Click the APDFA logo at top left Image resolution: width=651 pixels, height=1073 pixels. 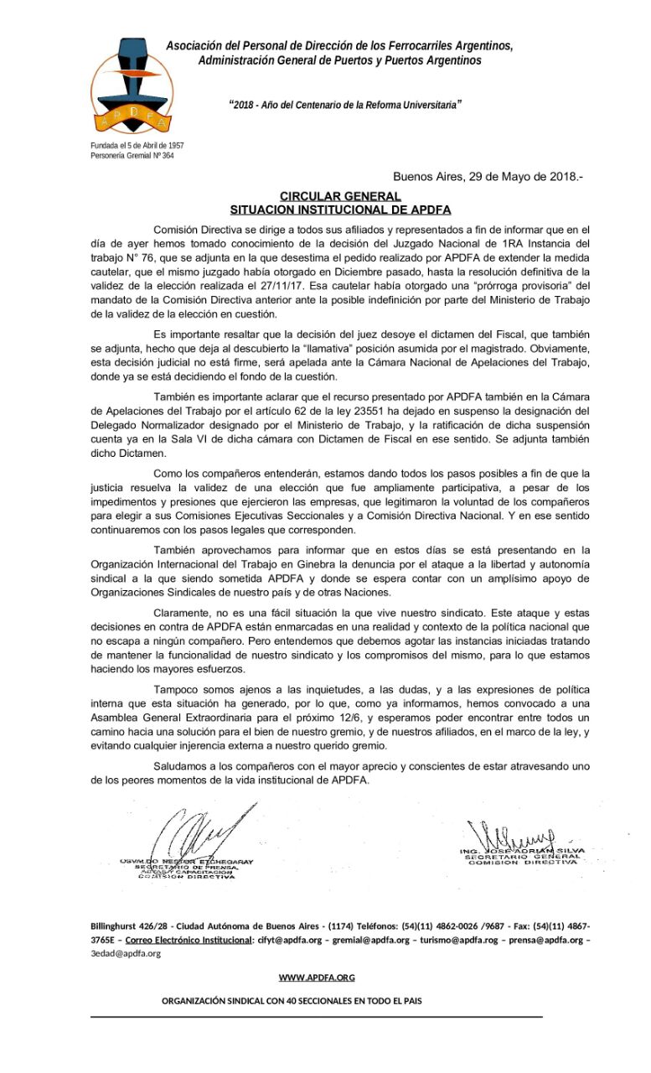click(x=132, y=87)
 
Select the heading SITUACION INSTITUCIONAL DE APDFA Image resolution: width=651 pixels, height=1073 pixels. click(x=340, y=210)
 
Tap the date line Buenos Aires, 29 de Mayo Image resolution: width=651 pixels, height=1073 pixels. click(x=488, y=177)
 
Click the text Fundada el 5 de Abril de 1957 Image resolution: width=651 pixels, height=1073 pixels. click(x=137, y=146)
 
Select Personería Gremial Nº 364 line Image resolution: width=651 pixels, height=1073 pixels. click(x=132, y=156)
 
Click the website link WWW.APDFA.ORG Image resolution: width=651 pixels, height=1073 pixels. click(x=317, y=977)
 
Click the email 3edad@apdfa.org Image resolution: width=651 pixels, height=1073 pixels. click(x=126, y=953)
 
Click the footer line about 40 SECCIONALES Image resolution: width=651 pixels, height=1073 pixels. click(x=292, y=1001)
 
